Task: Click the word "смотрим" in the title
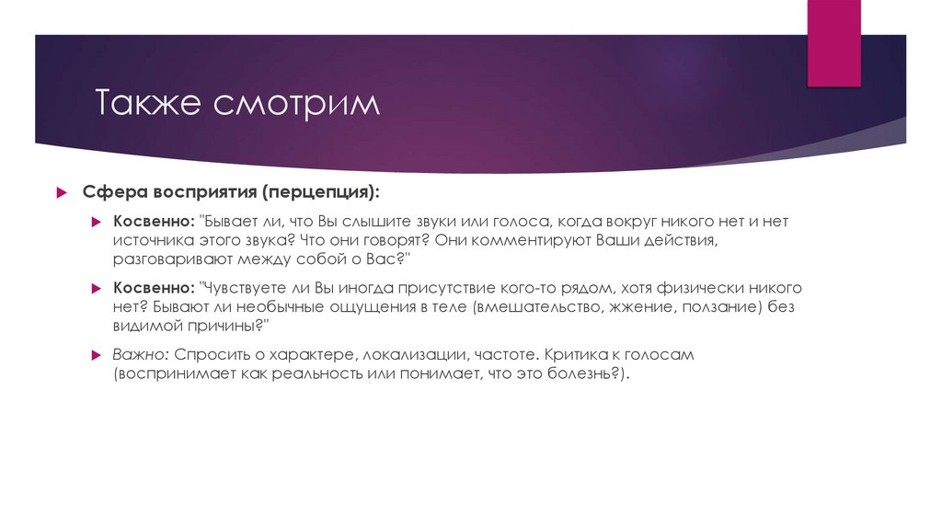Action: click(x=296, y=103)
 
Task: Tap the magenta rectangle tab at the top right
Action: click(x=833, y=41)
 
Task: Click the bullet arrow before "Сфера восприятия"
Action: click(x=61, y=193)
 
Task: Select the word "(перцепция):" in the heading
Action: click(x=319, y=193)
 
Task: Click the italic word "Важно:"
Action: click(x=141, y=354)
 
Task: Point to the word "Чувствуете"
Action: click(x=249, y=289)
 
